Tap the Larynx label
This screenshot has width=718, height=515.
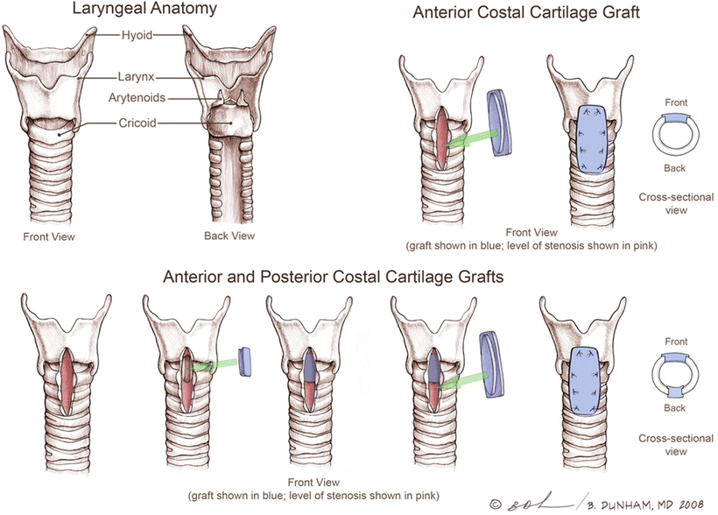click(138, 77)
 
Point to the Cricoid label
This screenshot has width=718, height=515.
click(138, 123)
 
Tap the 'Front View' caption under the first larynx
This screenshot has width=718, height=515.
click(50, 236)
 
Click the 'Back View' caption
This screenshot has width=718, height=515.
click(229, 236)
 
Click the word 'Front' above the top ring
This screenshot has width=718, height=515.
click(675, 102)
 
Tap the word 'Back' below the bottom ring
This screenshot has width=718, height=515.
click(674, 409)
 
